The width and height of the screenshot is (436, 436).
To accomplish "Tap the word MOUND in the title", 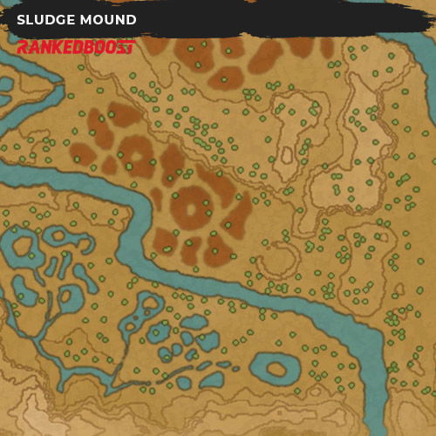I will click(110, 19).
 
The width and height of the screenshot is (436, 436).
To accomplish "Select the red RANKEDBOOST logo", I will click(75, 47).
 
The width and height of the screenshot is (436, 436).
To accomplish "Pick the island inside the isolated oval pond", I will click(277, 370).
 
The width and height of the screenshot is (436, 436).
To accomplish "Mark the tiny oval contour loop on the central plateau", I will click(285, 158).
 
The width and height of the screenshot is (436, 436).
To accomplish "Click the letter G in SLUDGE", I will click(58, 19).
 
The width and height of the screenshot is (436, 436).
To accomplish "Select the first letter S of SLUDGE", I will click(21, 19).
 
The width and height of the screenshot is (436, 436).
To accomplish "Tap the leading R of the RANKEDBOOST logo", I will click(22, 47).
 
